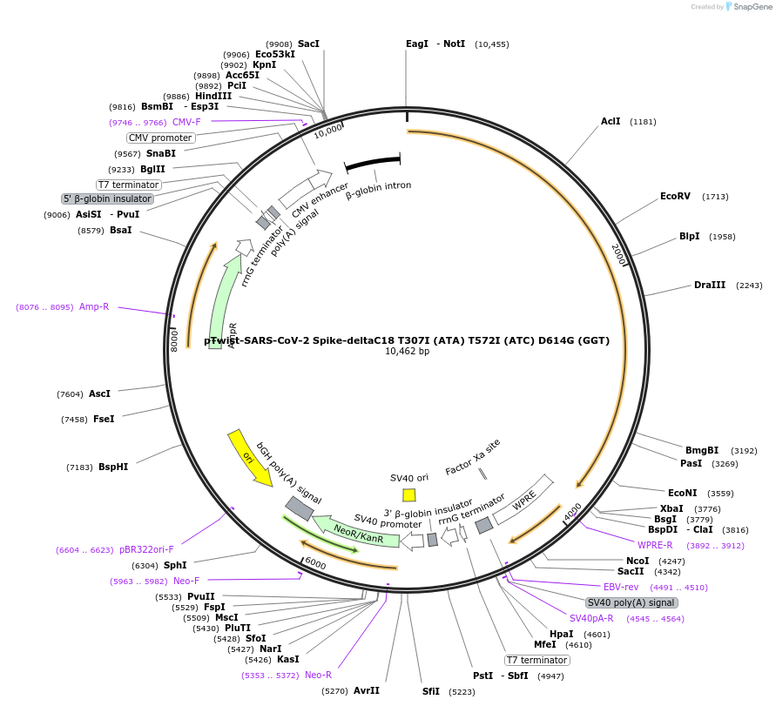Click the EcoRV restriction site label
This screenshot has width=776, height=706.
coord(675,197)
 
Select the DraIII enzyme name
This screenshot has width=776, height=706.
coord(709,286)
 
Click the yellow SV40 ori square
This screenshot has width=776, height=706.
coord(409,494)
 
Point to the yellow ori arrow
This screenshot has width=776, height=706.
coord(249,457)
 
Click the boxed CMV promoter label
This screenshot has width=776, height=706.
coord(160,138)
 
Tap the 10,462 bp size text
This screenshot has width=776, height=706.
coord(407,352)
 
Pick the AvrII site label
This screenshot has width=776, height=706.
coord(366,690)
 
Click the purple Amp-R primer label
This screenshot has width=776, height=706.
coord(94,306)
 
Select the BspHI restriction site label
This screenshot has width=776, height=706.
coord(113,467)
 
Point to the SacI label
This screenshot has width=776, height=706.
coord(308,44)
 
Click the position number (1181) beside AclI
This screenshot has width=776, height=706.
coord(643,122)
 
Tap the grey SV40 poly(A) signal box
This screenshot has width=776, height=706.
coord(631,602)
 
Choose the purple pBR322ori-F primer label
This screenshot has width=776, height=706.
coord(146,550)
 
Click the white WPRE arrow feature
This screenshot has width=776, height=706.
coord(523,501)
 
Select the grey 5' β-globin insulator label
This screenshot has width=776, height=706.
coord(107,198)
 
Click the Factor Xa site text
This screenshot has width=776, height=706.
coord(473,456)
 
